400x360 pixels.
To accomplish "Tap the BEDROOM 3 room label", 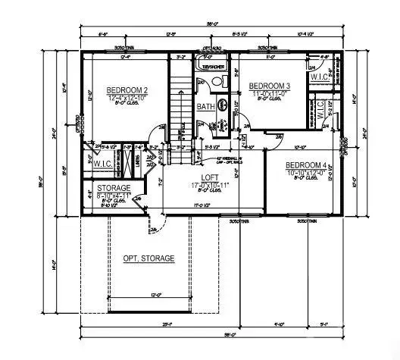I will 270,86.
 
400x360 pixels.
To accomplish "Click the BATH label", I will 205,107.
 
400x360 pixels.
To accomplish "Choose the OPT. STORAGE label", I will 148,258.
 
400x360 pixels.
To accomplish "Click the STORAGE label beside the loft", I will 113,187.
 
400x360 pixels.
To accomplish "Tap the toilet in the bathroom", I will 217,83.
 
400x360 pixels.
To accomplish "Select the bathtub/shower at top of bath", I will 209,64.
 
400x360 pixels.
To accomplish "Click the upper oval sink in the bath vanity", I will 223,104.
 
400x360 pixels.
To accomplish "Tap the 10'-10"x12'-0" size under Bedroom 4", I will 306,174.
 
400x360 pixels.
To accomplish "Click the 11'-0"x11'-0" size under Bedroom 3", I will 270,93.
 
